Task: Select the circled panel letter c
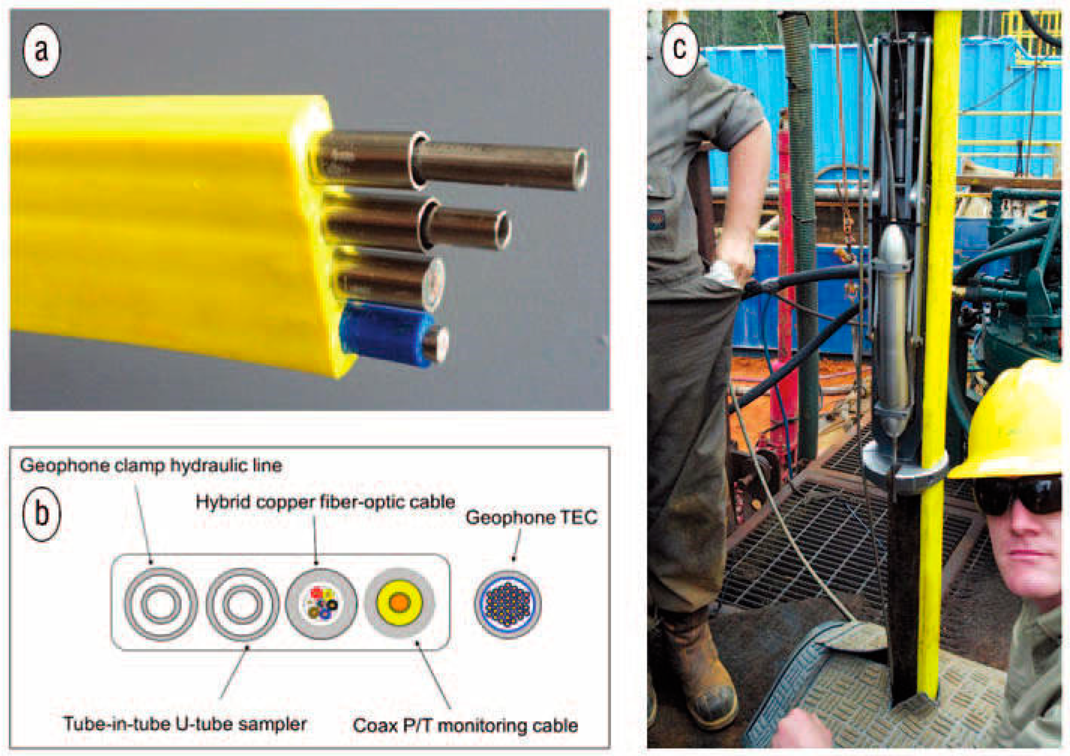pos(680,47)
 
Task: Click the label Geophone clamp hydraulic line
pos(151,465)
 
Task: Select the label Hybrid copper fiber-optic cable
pos(325,502)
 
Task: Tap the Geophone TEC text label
pos(531,517)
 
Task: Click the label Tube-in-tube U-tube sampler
pos(186,724)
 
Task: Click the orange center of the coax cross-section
pos(398,602)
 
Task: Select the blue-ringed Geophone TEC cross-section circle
pos(508,605)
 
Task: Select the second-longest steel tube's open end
pos(502,229)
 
